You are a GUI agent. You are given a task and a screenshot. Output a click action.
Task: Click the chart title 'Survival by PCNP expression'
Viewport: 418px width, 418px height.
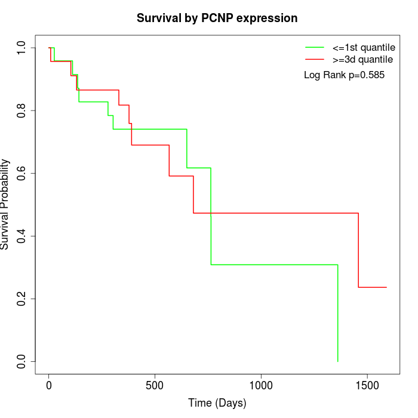pyautogui.click(x=217, y=18)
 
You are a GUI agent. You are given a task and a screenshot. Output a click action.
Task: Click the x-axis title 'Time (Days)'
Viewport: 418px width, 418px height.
pyautogui.click(x=217, y=403)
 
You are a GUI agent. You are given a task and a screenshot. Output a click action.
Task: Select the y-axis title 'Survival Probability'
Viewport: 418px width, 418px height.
pyautogui.click(x=5, y=204)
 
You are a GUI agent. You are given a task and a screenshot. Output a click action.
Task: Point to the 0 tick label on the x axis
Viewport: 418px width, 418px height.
pyautogui.click(x=49, y=385)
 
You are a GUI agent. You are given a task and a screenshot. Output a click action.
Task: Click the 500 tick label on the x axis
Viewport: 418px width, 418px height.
pyautogui.click(x=155, y=385)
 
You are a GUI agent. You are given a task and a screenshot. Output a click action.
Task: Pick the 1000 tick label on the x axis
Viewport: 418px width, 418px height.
pyautogui.click(x=261, y=385)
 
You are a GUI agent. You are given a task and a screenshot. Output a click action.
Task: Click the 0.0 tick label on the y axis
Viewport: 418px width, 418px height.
pyautogui.click(x=22, y=361)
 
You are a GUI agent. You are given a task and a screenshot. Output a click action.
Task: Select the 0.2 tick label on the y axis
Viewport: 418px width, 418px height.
pyautogui.click(x=22, y=299)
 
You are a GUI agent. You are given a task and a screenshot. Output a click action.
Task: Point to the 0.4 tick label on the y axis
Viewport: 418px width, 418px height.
pyautogui.click(x=22, y=236)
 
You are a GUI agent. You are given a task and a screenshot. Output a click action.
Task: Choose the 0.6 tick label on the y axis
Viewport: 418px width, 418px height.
pyautogui.click(x=22, y=173)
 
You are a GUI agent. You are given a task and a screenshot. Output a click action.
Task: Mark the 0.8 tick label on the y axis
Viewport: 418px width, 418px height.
pyautogui.click(x=22, y=110)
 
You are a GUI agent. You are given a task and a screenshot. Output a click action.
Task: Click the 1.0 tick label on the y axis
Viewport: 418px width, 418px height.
pyautogui.click(x=22, y=48)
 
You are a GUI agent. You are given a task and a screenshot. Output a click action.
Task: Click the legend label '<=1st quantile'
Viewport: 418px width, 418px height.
pyautogui.click(x=364, y=47)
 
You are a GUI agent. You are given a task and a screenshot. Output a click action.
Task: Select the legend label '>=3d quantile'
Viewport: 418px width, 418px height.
pyautogui.click(x=362, y=60)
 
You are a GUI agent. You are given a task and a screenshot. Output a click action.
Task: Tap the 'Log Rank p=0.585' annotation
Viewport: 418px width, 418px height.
pyautogui.click(x=344, y=75)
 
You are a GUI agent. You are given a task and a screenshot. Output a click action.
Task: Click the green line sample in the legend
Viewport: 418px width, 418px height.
pyautogui.click(x=315, y=47)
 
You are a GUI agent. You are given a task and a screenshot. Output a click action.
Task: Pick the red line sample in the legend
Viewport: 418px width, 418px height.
pyautogui.click(x=315, y=60)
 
